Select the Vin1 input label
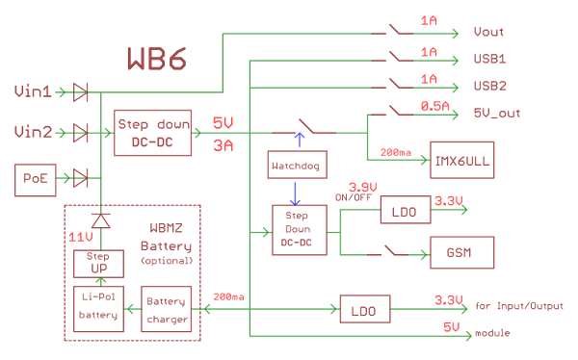coord(35,92)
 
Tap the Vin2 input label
coord(35,131)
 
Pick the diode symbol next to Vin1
coord(81,92)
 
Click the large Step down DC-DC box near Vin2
coord(153,133)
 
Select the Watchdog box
coord(298,167)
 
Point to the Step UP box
coord(99,263)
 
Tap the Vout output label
coord(488,33)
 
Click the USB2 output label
coord(489,86)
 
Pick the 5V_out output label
coord(497,113)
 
